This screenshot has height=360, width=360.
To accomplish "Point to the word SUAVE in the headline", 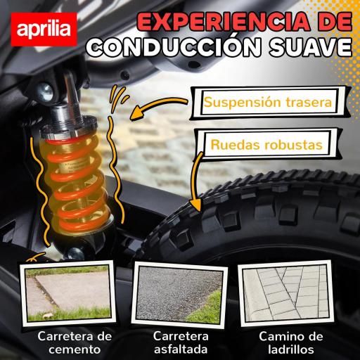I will click(308, 49).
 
